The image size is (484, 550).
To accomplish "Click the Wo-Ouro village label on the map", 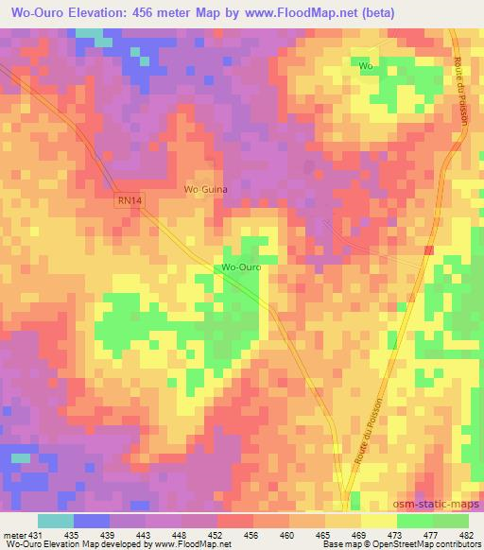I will point(241,267).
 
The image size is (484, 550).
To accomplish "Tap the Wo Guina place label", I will point(205,189).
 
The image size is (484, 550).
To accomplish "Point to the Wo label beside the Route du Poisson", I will point(366,66).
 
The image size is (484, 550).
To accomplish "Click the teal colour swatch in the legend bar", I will point(56,521).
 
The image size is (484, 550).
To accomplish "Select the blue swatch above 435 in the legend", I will point(92,521).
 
